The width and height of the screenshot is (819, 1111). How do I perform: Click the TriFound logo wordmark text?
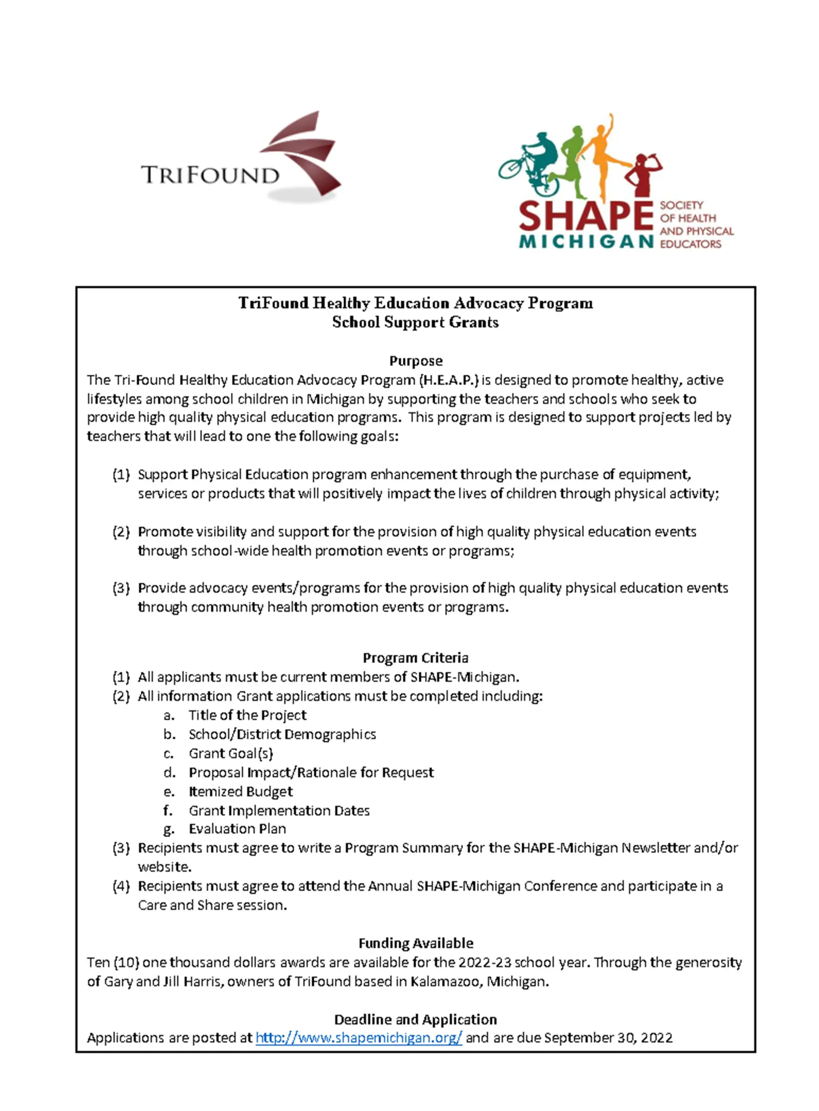pyautogui.click(x=210, y=175)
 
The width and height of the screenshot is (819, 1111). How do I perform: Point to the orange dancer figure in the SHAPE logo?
pyautogui.click(x=604, y=154)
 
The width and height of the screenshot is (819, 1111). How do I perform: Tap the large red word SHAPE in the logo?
pyautogui.click(x=586, y=215)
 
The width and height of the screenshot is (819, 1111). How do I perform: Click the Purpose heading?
pyautogui.click(x=415, y=361)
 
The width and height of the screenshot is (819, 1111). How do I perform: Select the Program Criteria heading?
pyautogui.click(x=415, y=658)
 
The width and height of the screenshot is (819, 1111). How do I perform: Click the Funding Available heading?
pyautogui.click(x=415, y=943)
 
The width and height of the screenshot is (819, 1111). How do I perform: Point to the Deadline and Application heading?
pyautogui.click(x=415, y=1019)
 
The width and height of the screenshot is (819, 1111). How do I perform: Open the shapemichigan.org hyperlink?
pyautogui.click(x=358, y=1038)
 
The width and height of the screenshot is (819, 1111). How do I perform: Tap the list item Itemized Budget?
pyautogui.click(x=241, y=792)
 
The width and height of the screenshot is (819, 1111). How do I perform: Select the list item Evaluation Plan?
pyautogui.click(x=237, y=829)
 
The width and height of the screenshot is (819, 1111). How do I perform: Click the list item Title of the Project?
pyautogui.click(x=247, y=715)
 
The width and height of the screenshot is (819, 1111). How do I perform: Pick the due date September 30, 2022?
pyautogui.click(x=608, y=1038)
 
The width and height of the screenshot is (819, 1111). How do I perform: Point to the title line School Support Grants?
pyautogui.click(x=415, y=323)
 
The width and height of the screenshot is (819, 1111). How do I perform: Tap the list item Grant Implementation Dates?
pyautogui.click(x=279, y=810)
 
